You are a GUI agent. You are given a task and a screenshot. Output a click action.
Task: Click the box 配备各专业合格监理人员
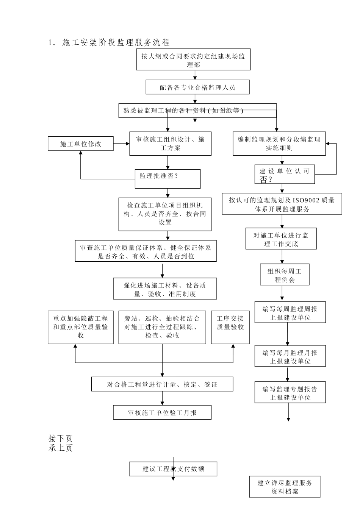(197, 87)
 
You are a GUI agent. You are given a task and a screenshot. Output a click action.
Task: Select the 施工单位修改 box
(81, 144)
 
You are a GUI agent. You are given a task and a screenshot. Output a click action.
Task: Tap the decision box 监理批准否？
(167, 179)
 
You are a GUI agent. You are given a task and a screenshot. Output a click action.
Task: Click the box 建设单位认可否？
(285, 175)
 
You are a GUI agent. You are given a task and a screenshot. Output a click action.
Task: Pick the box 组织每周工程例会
(285, 275)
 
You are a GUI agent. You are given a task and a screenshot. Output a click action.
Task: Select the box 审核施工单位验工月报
(162, 412)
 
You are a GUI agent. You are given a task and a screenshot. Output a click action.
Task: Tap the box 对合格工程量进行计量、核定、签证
(162, 384)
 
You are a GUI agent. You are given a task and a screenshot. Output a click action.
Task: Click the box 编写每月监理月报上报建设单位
(290, 356)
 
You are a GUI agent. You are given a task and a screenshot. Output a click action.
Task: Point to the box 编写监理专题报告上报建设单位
(290, 393)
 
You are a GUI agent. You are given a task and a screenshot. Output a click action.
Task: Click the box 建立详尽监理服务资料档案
(285, 487)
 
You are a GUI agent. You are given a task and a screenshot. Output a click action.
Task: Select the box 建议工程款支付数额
(173, 469)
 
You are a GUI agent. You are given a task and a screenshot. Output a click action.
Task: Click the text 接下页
(61, 439)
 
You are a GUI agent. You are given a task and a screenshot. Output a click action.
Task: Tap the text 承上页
(61, 448)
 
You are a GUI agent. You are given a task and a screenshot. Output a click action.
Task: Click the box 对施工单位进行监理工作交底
(281, 239)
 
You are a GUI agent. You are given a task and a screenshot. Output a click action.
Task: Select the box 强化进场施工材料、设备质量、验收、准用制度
(165, 289)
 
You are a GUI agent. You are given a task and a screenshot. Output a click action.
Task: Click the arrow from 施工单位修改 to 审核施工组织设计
(121, 144)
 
